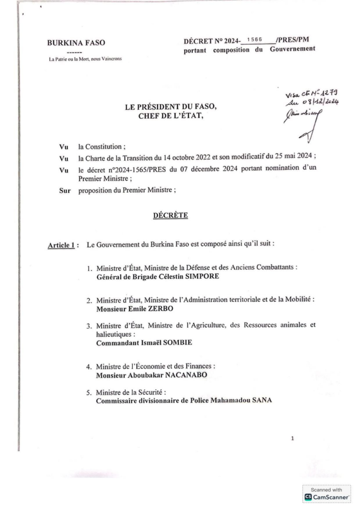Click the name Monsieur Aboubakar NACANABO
[149, 375]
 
